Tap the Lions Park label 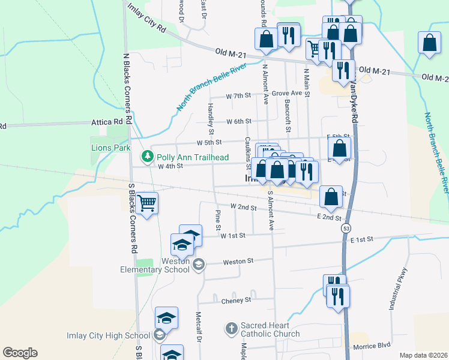[x=110, y=148]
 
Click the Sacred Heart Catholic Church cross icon [x=232, y=328]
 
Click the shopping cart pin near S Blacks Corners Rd [x=146, y=203]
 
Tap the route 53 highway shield [x=346, y=229]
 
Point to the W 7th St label [x=238, y=96]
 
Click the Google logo [x=20, y=352]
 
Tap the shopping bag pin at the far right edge [x=429, y=43]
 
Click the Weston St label [x=239, y=262]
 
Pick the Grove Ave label [x=286, y=93]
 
